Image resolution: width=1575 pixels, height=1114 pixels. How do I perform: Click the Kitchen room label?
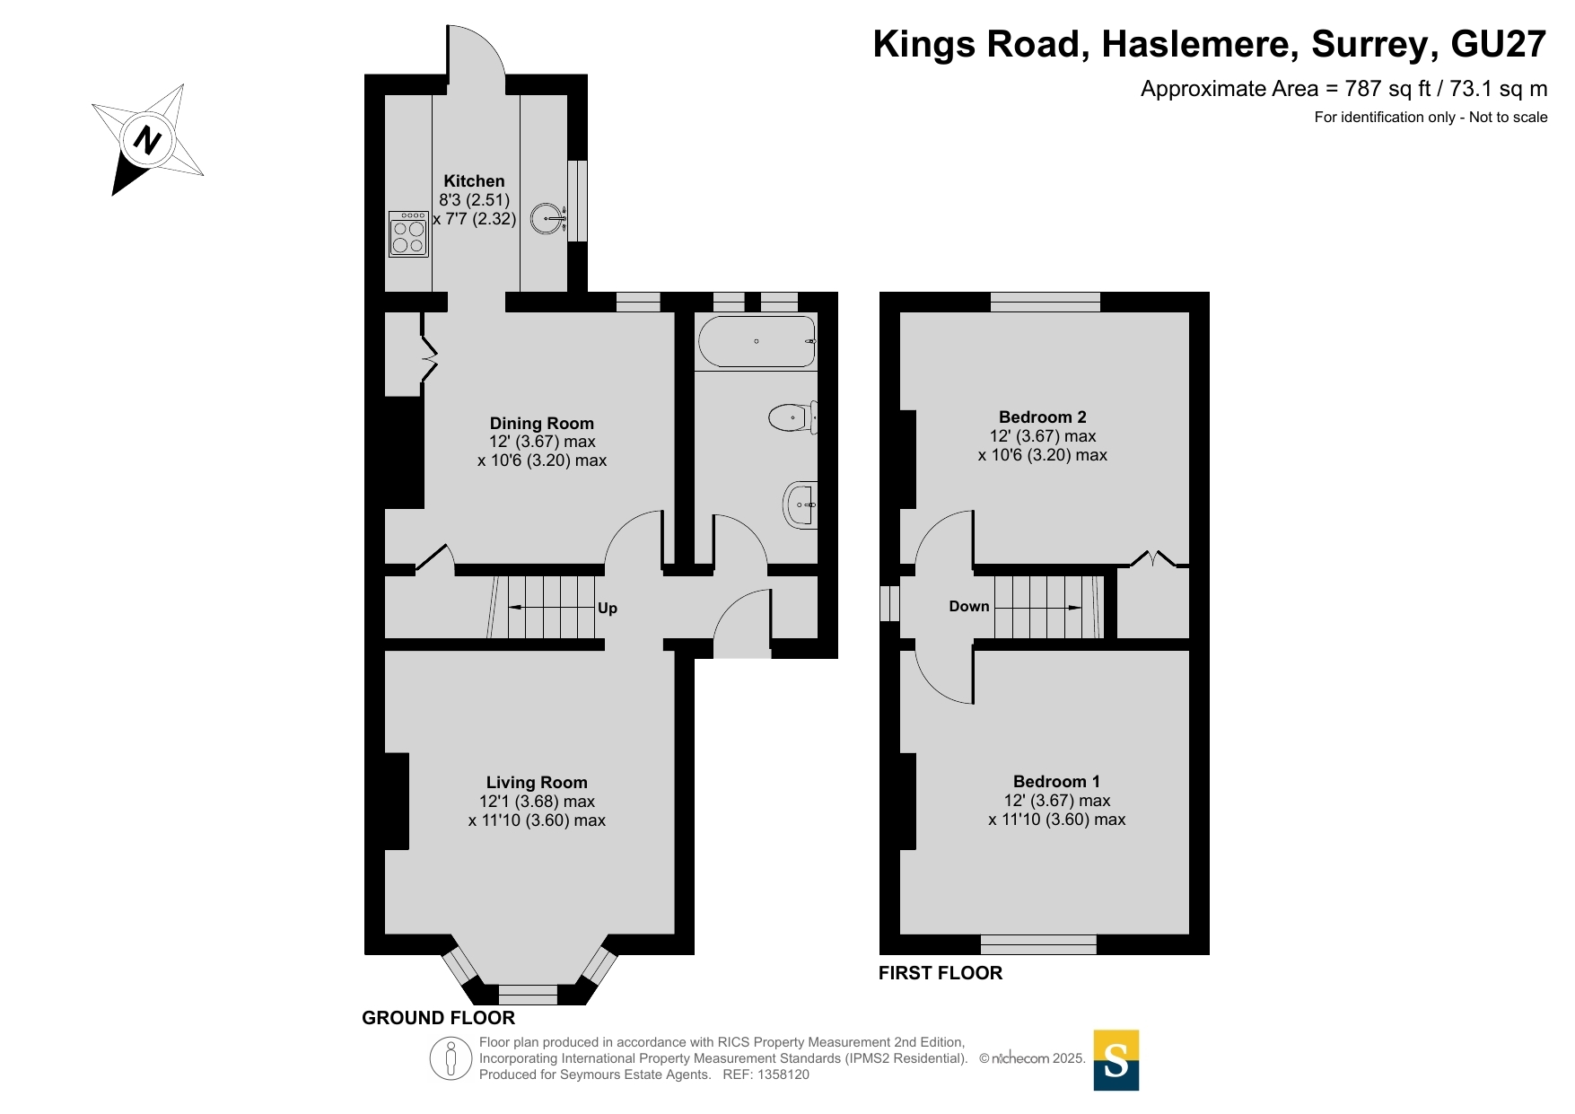tap(474, 181)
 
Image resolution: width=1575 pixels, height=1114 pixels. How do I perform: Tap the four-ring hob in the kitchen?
tap(408, 234)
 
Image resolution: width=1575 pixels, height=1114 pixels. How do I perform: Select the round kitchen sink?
tap(547, 218)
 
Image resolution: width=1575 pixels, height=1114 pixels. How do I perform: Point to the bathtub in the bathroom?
tap(757, 342)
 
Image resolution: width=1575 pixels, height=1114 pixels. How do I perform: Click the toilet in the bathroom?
tap(793, 417)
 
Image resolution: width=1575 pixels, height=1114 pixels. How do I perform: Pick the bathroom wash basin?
tap(801, 505)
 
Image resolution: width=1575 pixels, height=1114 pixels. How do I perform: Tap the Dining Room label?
tap(542, 424)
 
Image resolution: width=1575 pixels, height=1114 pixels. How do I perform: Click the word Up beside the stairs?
tap(608, 609)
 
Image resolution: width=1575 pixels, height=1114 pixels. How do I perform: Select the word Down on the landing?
tap(969, 607)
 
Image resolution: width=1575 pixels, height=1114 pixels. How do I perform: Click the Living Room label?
tap(537, 783)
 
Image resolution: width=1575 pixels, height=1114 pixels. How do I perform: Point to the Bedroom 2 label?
tap(1043, 417)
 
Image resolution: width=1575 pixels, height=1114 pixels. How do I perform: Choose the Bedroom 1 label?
tap(1056, 782)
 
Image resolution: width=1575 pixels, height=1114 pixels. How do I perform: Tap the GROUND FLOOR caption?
tap(439, 1018)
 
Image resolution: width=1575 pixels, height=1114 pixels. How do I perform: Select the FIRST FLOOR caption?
tap(941, 973)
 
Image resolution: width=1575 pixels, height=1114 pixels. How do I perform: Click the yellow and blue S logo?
tap(1116, 1060)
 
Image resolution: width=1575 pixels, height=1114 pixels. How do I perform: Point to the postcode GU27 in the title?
tap(1499, 44)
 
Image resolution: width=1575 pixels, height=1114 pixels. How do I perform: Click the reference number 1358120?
tap(783, 1075)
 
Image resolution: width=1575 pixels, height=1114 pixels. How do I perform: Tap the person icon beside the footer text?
tap(451, 1058)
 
